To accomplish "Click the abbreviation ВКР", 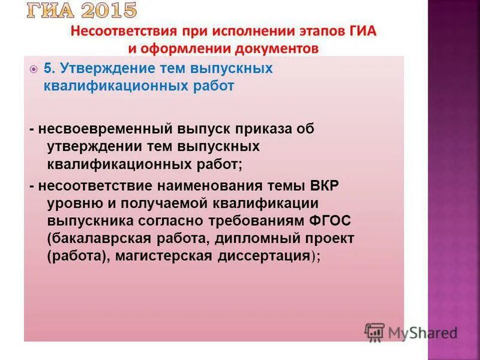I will pos(325,185).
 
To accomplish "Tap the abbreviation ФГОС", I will pos(330,220).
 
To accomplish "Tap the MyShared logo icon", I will pos(374,332).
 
